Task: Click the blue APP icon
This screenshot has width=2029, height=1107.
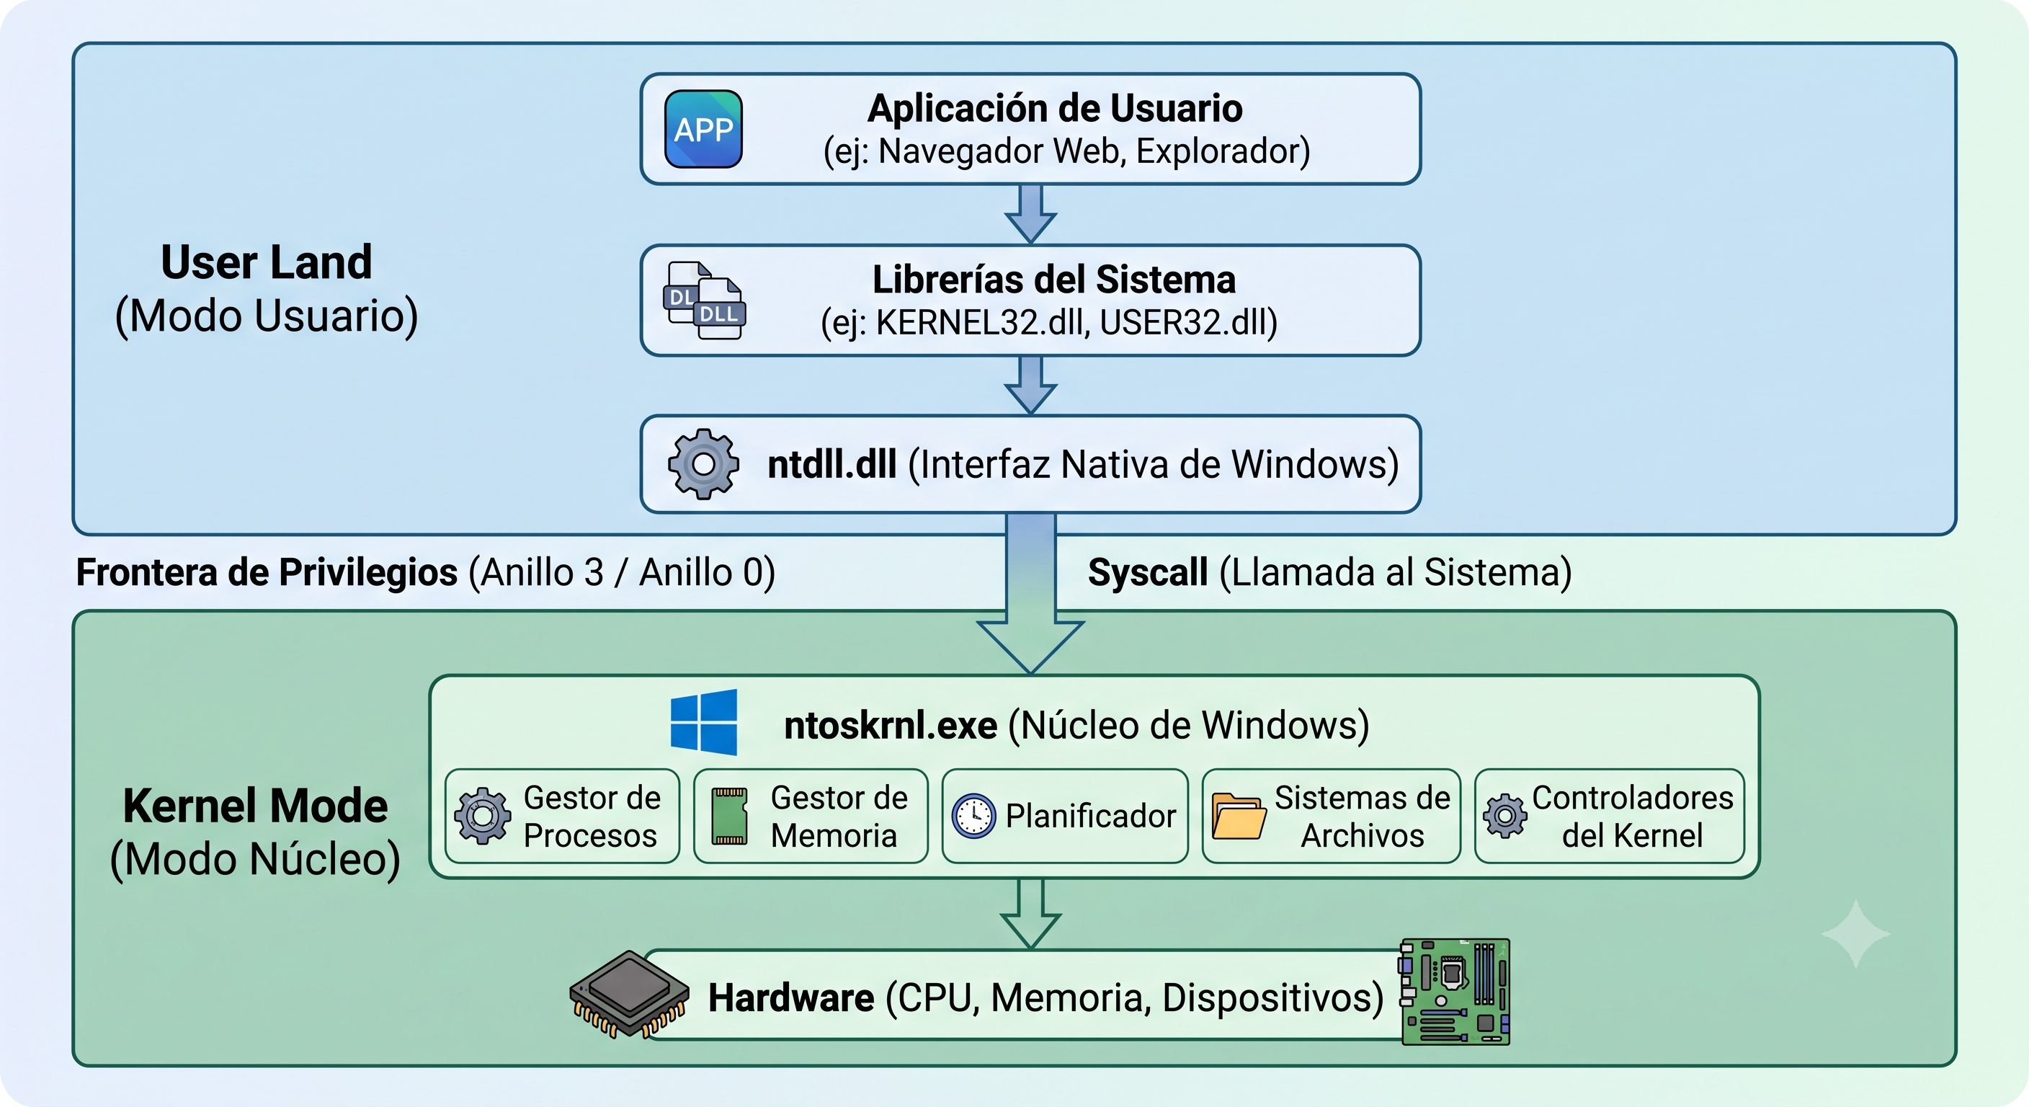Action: coord(703,129)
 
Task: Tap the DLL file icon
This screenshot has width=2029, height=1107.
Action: coord(704,301)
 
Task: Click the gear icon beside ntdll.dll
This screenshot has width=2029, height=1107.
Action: coord(703,464)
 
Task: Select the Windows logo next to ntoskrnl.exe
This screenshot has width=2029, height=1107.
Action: coord(703,722)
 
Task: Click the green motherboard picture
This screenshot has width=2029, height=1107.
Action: coord(1455,992)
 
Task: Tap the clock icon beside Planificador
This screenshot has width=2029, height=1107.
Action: coord(974,817)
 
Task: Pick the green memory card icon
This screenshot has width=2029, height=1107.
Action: coord(729,817)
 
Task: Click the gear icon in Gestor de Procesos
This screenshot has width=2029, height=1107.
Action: coord(482,817)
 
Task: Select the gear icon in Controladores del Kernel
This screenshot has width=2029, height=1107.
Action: coord(1505,817)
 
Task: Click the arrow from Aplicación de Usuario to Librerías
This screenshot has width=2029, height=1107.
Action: coord(1030,213)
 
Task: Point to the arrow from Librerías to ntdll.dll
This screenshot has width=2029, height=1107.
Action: coord(1030,386)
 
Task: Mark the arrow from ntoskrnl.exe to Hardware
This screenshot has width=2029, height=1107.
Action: coord(1030,914)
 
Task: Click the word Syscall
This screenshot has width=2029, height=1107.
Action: coord(1148,572)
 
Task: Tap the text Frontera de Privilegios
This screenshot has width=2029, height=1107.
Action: coord(266,572)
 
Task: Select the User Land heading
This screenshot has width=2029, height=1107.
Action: coord(266,262)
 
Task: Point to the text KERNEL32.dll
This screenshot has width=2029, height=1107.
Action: coord(982,322)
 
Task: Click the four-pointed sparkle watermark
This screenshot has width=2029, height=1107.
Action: coord(1856,933)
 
